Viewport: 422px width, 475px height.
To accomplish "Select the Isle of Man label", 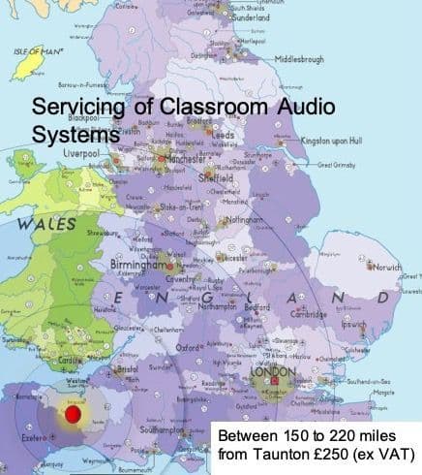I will coord(36,49).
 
